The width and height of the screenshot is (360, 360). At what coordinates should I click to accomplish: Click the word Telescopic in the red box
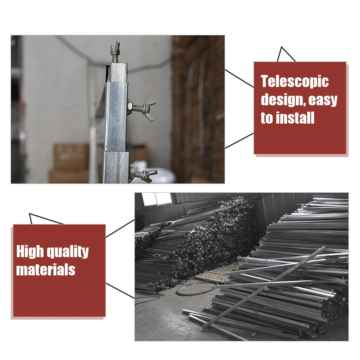[295, 81]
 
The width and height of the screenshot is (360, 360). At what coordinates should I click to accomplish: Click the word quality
[67, 252]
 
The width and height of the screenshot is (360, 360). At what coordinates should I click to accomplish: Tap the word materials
[46, 270]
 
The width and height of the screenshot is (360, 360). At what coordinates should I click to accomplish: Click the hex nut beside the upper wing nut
[130, 107]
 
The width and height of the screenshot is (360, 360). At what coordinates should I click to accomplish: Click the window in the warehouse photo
[157, 199]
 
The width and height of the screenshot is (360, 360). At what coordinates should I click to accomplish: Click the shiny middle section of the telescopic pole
[116, 116]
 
